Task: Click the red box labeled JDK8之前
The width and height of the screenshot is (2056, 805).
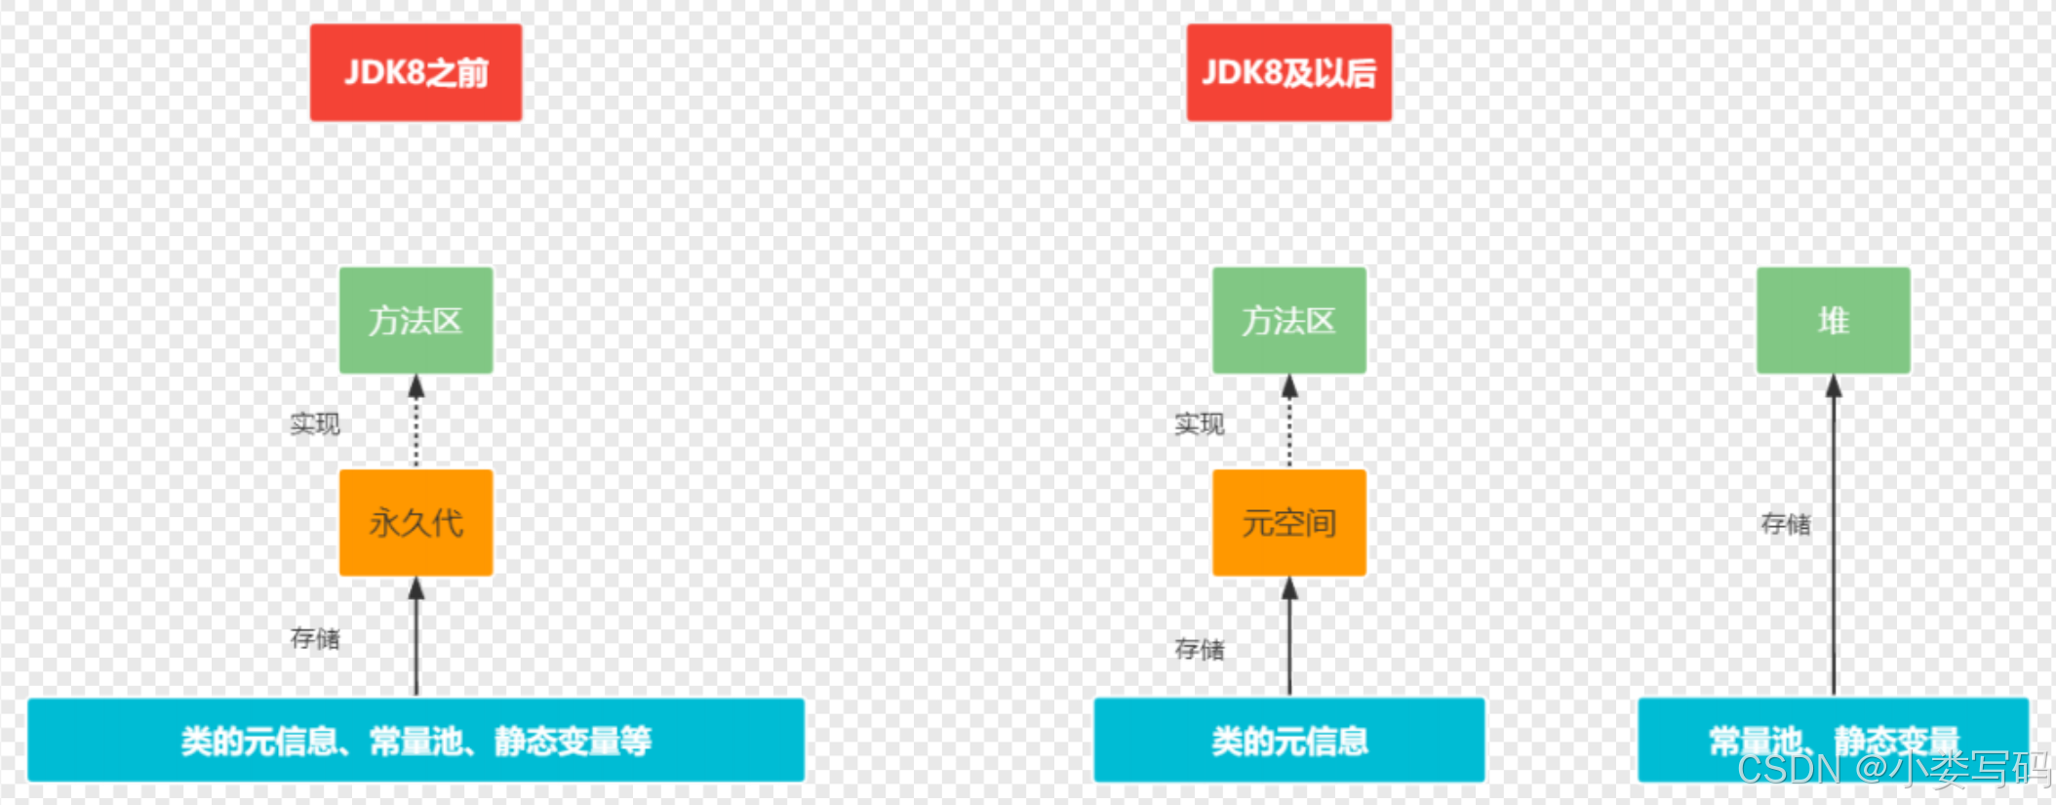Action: [x=415, y=72]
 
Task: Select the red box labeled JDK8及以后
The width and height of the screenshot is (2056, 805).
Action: [x=1288, y=72]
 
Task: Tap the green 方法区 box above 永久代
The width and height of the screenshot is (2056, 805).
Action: [x=415, y=320]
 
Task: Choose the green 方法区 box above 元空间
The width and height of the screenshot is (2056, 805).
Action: [x=1288, y=320]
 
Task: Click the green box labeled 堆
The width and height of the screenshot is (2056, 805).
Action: [x=1833, y=320]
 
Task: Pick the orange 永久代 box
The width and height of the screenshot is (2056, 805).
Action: [x=415, y=523]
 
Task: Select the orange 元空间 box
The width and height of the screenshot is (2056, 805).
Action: [x=1288, y=523]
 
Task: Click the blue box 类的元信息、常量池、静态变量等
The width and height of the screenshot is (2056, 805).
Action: [x=415, y=740]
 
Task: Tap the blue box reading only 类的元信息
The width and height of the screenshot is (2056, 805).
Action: [x=1288, y=740]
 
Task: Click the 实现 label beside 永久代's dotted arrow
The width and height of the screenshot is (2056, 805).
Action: [x=315, y=423]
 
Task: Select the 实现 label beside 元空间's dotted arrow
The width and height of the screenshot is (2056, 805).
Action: [x=1199, y=423]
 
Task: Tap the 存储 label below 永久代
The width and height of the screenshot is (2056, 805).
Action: [x=315, y=638]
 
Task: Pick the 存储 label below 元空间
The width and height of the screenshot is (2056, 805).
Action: [x=1199, y=649]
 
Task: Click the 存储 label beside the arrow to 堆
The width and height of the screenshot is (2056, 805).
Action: [x=1785, y=524]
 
